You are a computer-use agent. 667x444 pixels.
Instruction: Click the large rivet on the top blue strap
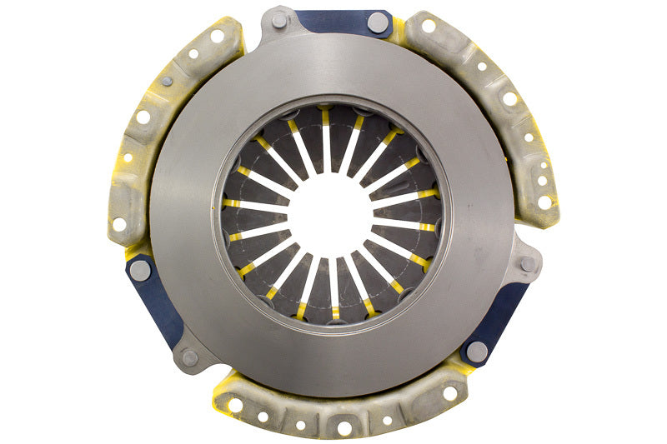tap(377, 22)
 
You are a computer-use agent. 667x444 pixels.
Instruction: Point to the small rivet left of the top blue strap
tap(278, 21)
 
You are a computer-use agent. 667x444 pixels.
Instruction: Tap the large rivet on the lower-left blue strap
tap(140, 269)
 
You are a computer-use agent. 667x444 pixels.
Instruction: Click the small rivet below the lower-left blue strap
tap(190, 357)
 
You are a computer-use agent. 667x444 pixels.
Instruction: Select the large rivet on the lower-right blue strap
tap(477, 352)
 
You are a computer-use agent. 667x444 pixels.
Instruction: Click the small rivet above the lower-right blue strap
tap(527, 263)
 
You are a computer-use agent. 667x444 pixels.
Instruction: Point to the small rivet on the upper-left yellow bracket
tap(167, 81)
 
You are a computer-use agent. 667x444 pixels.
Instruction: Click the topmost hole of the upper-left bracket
tap(218, 36)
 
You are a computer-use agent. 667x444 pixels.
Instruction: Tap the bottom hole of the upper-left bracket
tap(119, 224)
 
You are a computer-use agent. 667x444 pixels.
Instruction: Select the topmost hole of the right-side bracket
tap(429, 26)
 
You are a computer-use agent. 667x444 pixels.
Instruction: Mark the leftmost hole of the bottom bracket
tap(236, 405)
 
